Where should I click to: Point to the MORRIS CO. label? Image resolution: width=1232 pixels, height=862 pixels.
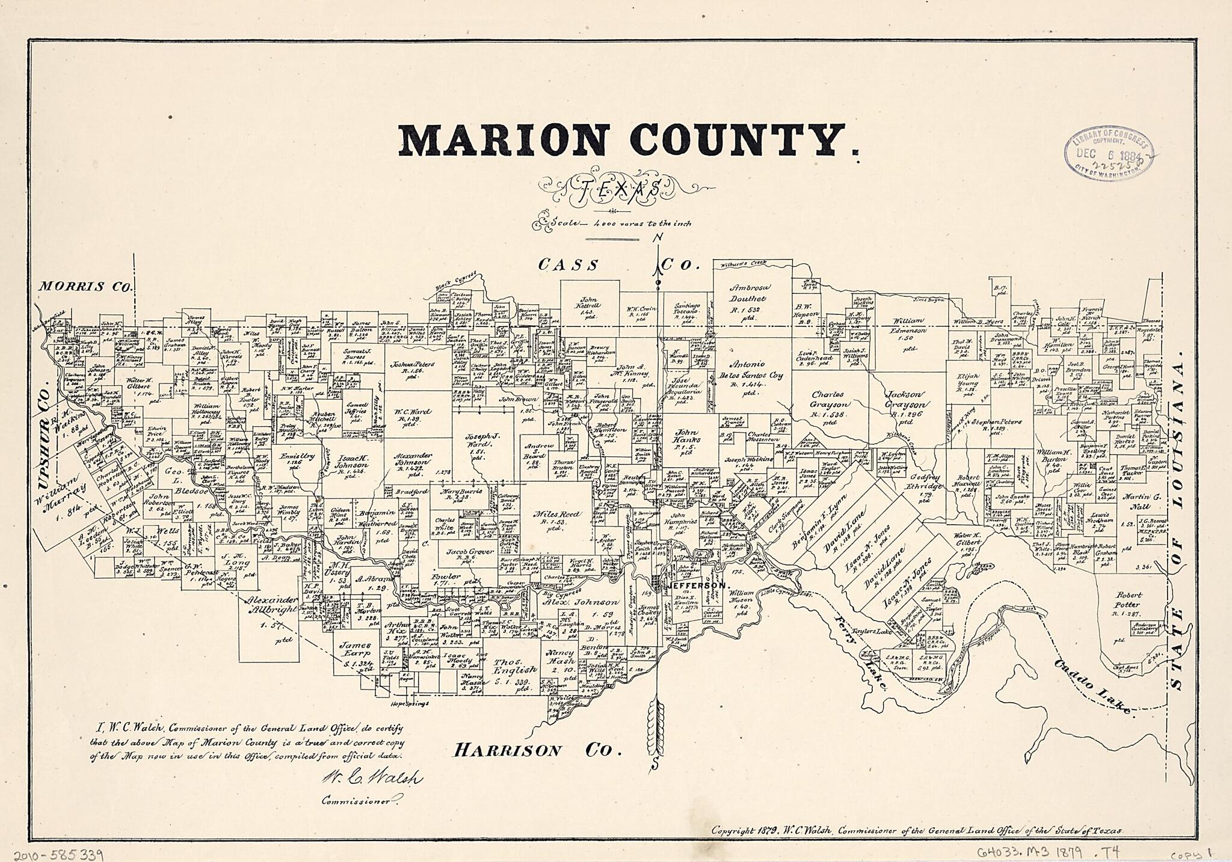[x=84, y=286]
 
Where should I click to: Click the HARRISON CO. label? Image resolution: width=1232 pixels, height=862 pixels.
[x=537, y=750]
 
